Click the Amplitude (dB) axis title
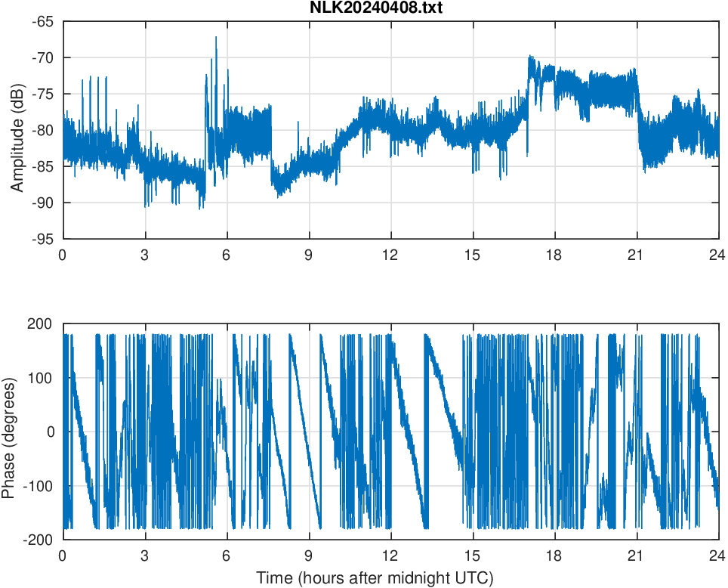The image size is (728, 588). coord(17,130)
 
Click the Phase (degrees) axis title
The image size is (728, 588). coord(10,431)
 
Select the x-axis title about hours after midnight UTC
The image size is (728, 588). coord(375,578)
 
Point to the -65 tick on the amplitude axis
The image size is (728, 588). coord(45,21)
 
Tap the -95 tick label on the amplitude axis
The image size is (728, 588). coord(45,239)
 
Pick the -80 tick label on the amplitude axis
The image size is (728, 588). coord(45,130)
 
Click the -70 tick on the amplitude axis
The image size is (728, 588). coord(45,57)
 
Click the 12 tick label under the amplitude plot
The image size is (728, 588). coord(390,255)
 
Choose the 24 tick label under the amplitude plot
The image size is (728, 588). coord(717,255)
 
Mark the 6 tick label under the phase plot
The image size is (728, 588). coord(227,556)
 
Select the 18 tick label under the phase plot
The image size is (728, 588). coord(554,556)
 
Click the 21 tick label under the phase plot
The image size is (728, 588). coord(636,556)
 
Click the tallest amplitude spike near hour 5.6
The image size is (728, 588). coord(216,38)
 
